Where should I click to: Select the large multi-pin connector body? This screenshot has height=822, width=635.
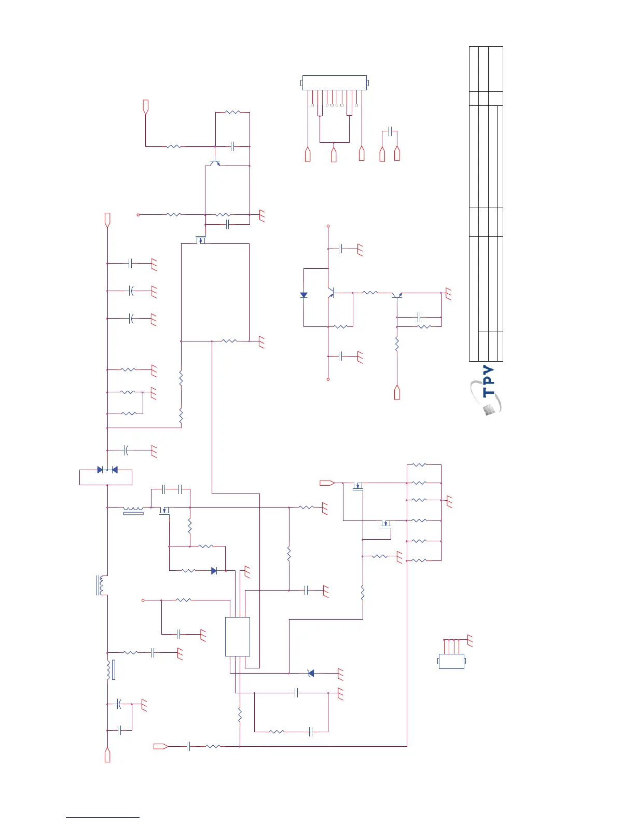334,83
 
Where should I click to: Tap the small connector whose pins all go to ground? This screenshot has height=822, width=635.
451,661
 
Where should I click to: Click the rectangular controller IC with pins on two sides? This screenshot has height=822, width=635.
238,637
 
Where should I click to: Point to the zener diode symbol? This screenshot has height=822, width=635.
311,673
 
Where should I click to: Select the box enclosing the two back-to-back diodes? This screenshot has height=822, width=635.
106,476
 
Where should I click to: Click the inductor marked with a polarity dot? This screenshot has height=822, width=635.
101,585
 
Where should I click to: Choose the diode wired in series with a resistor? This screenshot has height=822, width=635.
214,571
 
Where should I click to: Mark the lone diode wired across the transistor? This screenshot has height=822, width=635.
304,295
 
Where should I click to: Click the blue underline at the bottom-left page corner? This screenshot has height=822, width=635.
103,817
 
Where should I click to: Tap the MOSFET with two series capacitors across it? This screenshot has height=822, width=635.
164,511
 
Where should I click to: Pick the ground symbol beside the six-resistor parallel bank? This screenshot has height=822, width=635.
449,501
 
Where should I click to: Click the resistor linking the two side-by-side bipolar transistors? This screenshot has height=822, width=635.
370,293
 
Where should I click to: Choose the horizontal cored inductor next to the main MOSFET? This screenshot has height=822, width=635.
133,510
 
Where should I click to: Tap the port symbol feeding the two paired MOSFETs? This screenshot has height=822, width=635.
327,483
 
